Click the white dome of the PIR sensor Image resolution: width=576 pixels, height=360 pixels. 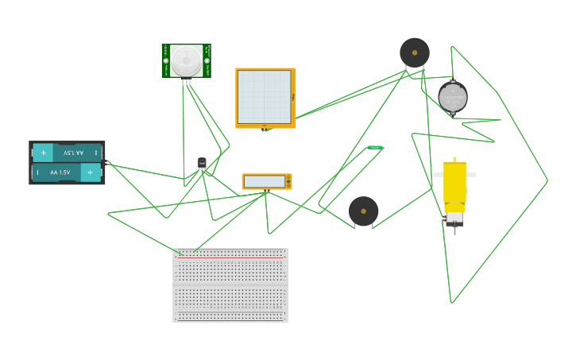coord(187,60)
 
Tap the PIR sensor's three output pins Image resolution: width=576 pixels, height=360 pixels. coord(186,82)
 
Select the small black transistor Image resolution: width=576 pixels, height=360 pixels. coord(202,163)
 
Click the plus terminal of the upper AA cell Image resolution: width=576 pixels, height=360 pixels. coord(43,152)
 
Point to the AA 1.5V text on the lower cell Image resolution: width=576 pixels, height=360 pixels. coord(60,172)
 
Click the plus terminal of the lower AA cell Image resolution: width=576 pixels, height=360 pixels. coord(91,172)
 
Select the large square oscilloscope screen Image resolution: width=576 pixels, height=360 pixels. coord(264,97)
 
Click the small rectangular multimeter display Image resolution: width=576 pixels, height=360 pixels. coord(265,181)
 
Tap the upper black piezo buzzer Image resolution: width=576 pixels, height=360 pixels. coord(415,53)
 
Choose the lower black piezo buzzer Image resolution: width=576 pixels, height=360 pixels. coord(363,211)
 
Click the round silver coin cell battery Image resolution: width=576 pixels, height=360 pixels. coord(453,97)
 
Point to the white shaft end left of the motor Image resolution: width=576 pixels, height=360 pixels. coord(437,174)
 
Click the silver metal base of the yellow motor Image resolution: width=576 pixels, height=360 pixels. coord(454,217)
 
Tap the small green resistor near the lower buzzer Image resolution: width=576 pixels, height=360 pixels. coord(375,147)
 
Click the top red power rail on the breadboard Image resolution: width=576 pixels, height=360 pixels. coord(230,258)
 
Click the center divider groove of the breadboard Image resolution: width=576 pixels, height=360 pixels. coord(230,285)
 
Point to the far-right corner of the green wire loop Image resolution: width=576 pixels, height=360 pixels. coord(547,181)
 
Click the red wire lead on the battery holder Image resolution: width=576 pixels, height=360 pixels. coord(105,163)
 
